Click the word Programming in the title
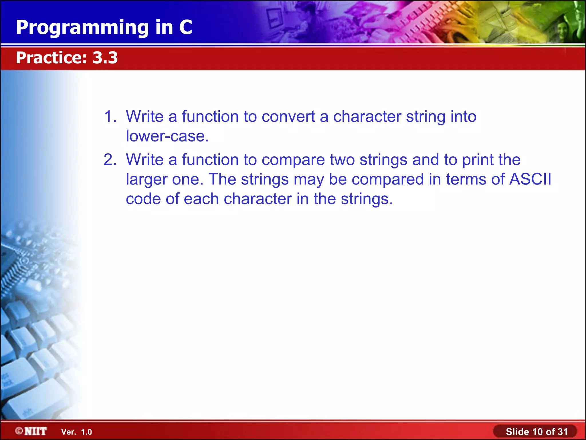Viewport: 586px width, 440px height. [x=82, y=28]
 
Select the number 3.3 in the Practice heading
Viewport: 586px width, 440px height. [x=105, y=58]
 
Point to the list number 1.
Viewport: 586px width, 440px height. [x=110, y=117]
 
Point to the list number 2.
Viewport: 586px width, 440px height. [x=110, y=160]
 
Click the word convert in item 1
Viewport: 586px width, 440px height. [x=288, y=117]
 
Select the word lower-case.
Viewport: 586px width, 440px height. [x=167, y=136]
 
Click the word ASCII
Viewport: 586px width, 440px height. [x=530, y=179]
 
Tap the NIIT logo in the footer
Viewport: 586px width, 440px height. [x=35, y=431]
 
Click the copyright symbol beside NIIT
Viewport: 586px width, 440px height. [x=19, y=431]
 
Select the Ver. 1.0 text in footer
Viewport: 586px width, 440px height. [x=76, y=432]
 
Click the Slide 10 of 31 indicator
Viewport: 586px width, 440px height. [x=536, y=431]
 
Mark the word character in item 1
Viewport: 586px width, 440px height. [x=367, y=117]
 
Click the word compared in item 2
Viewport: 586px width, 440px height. [x=387, y=179]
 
